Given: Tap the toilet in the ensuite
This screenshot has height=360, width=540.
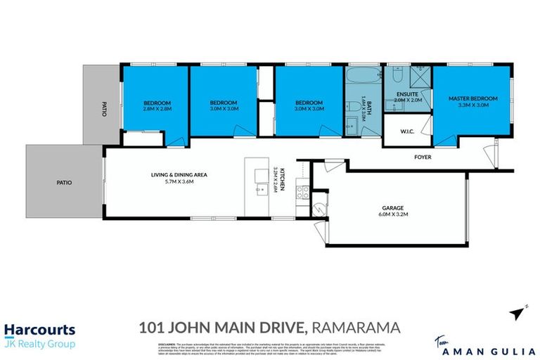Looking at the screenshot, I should [396, 75].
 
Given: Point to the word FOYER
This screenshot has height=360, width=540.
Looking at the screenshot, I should [422, 157].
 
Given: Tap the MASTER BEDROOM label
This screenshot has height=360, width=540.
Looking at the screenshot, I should [472, 98].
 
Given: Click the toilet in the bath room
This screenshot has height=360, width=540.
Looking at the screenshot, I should [351, 127].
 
